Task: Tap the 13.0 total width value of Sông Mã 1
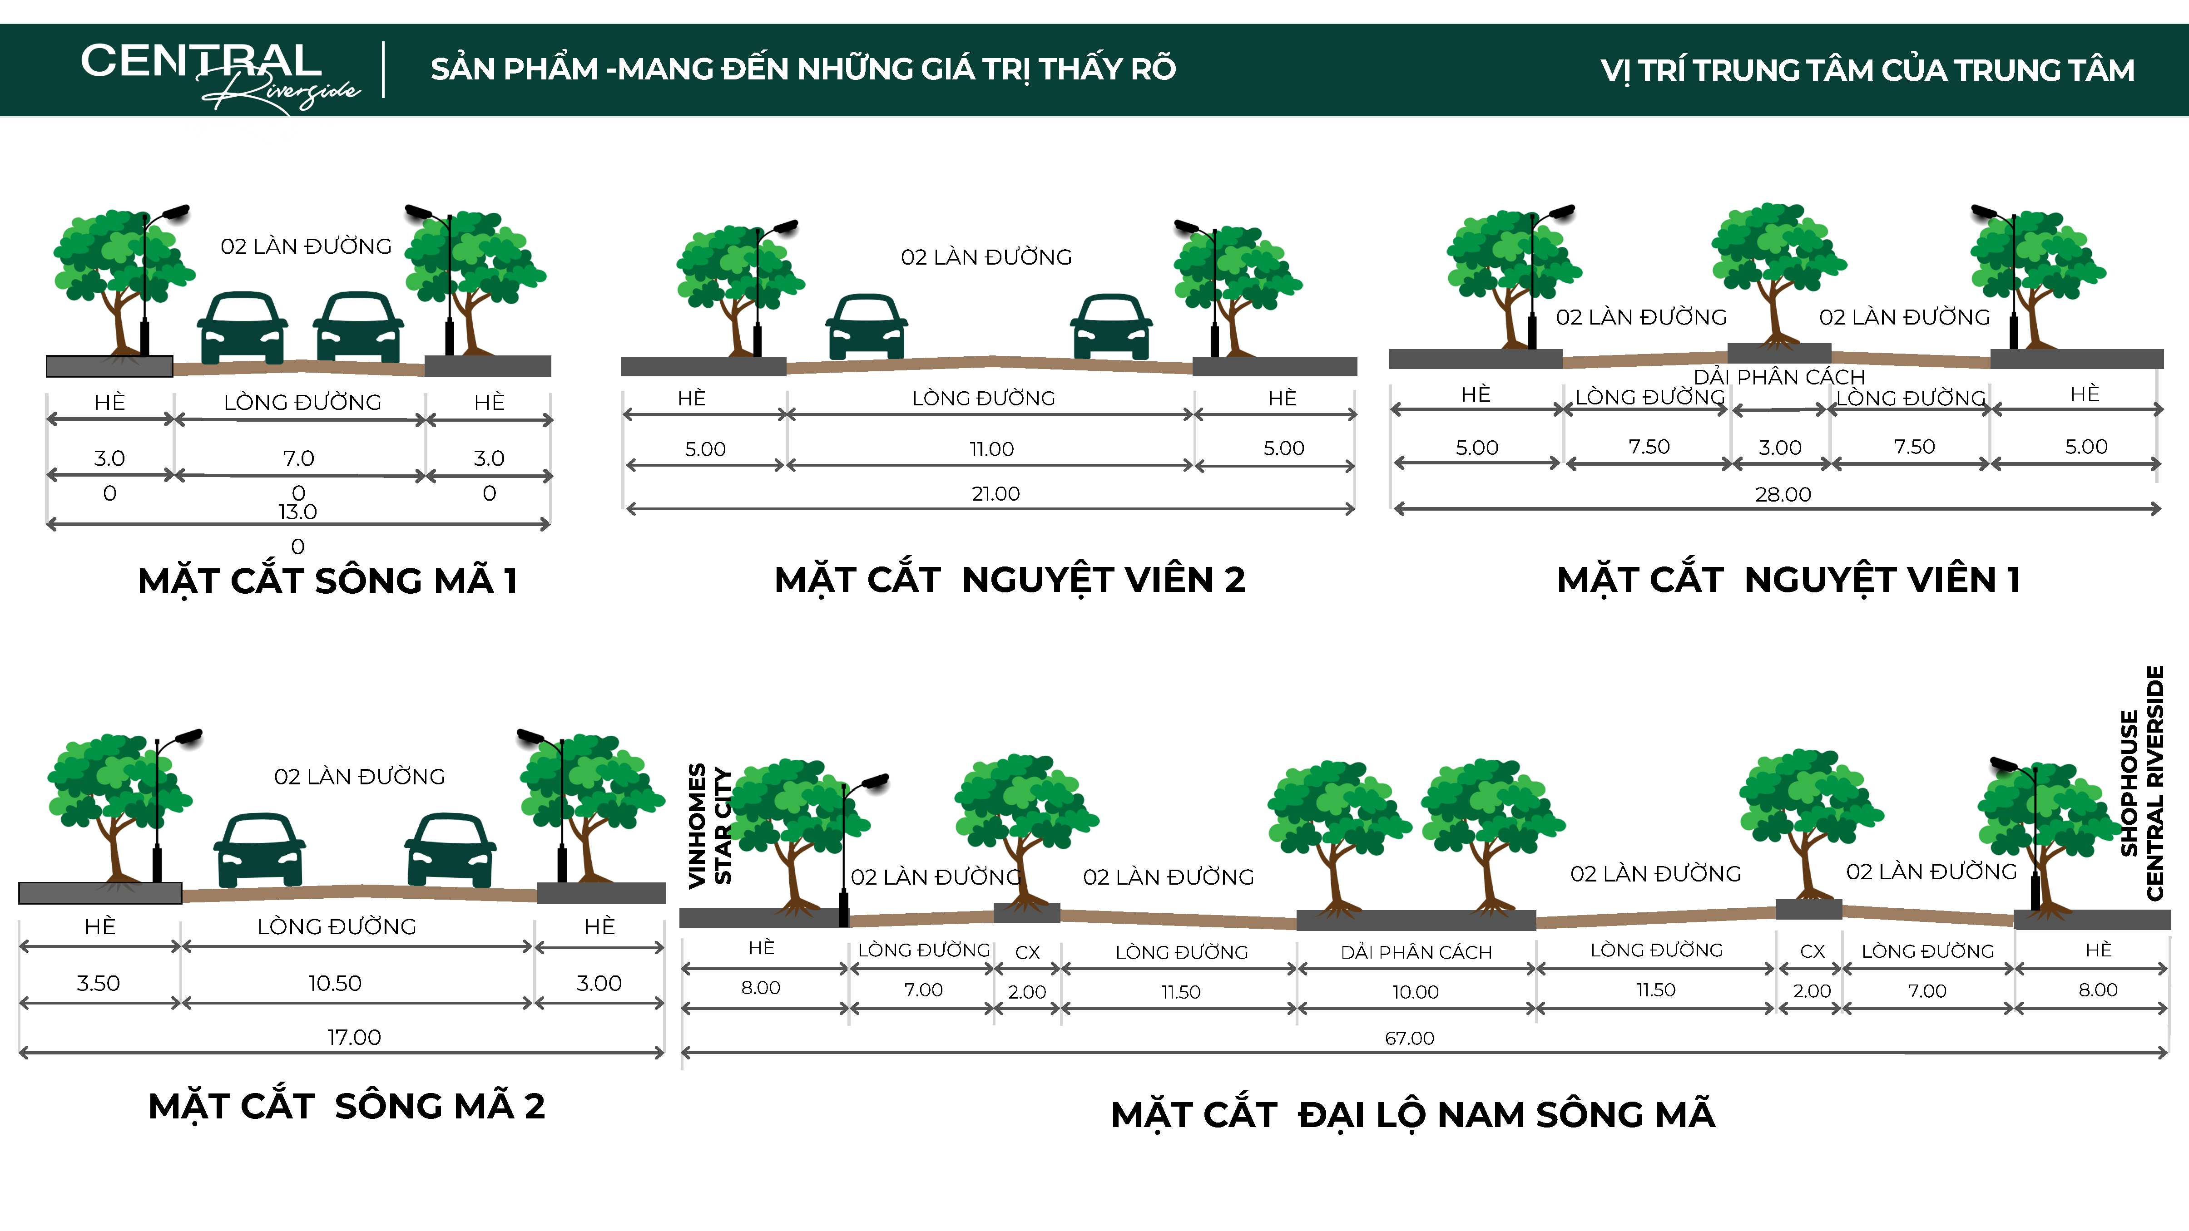[x=297, y=512]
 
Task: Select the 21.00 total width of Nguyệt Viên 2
[x=995, y=493]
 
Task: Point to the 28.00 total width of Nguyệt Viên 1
[x=1783, y=494]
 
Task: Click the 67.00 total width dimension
[x=1409, y=1038]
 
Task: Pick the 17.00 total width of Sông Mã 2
[x=353, y=1037]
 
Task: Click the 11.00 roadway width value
[x=992, y=448]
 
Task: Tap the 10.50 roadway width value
[x=335, y=983]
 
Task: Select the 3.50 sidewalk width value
[x=99, y=983]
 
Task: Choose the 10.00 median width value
[x=1415, y=991]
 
